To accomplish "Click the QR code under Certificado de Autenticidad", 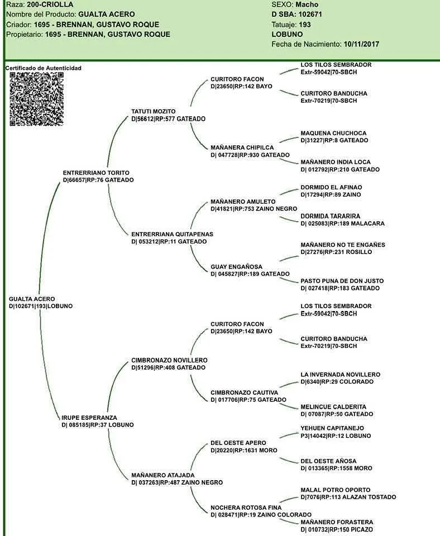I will coord(36,99).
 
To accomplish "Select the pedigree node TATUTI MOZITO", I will coord(154,112).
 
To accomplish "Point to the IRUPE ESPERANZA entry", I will coord(89,418).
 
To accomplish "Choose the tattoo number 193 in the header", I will coord(305,25).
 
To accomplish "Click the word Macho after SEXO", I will coord(308,4).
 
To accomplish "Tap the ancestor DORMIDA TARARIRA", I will coord(331,216).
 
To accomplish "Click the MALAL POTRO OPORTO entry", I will coord(336,490).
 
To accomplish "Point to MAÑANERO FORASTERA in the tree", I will coord(337,522).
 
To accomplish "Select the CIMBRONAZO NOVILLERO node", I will coord(169,360).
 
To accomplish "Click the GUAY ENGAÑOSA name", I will coord(236,267).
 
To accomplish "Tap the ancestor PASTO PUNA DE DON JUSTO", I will coord(342,281).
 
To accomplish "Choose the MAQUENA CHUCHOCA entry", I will coord(333,133).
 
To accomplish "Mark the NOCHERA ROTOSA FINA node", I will coord(246,508).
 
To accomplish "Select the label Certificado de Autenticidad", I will coord(44,68).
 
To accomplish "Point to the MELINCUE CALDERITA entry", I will coord(333,406).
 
